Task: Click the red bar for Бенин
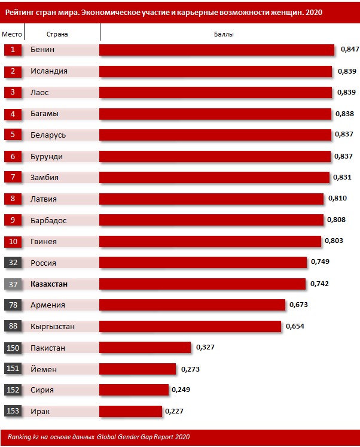[x=216, y=50]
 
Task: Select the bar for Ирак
[x=130, y=411]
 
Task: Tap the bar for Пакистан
[x=145, y=348]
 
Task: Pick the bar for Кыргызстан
[x=190, y=326]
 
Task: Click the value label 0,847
[x=349, y=50]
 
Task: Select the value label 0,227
[x=174, y=411]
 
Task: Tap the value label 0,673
[x=298, y=305]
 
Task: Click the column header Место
[x=12, y=34]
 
